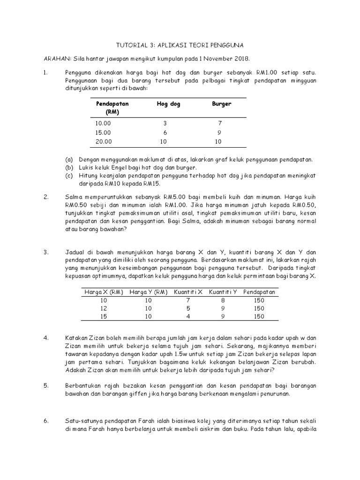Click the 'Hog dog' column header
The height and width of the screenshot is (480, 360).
point(158,104)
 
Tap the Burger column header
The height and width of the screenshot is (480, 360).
point(222,104)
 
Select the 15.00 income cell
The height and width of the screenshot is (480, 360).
point(104,132)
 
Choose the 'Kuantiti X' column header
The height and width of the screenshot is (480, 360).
point(188,292)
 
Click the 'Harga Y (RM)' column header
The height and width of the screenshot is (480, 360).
point(148,292)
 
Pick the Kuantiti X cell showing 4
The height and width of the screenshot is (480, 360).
point(188,317)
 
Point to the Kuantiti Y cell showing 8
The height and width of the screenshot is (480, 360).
point(223,300)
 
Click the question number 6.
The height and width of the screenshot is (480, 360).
point(46,421)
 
